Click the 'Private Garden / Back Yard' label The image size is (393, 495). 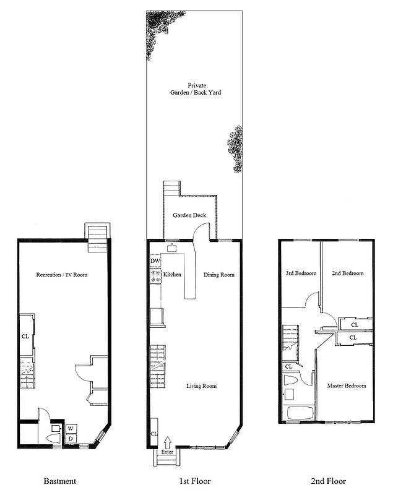tap(196, 88)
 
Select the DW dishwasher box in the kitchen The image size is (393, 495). tap(155, 261)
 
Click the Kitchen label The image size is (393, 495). tap(171, 274)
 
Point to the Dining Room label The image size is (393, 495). tap(219, 274)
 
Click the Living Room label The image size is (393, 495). tap(202, 386)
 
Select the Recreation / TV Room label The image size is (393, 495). tap(61, 274)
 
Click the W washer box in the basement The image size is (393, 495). tap(71, 428)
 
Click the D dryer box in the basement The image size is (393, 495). tap(71, 438)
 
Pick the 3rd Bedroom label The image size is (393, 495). tap(301, 273)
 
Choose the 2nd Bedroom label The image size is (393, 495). tap(347, 273)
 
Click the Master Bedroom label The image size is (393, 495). tap(346, 385)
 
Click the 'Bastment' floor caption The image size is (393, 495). tap(60, 481)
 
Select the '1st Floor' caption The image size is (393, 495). tap(195, 481)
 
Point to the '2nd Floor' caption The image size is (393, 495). tap(329, 481)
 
